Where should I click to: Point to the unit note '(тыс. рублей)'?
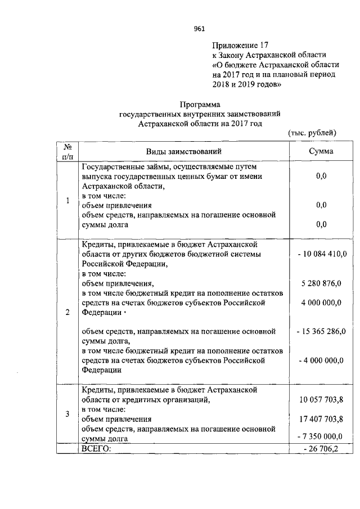[x=312, y=133]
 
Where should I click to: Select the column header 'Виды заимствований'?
[x=184, y=151]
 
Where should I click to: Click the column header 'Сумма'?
[x=321, y=151]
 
